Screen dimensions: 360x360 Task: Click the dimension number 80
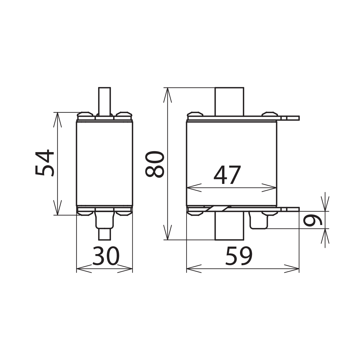pos(155,164)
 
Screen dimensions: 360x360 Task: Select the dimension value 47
pos(227,175)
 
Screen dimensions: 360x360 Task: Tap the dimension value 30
pos(106,256)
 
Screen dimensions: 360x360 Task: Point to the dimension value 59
pos(239,256)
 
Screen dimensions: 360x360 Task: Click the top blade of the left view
pos(104,100)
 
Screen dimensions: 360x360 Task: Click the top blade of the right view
pos(229,101)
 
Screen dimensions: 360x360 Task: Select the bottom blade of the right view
pos(229,226)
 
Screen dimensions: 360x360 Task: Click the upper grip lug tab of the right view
pos(290,118)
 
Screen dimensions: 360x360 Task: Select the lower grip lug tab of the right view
pos(290,209)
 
